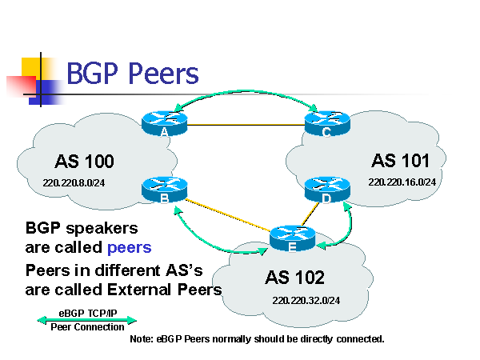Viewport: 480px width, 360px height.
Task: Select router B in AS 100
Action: point(164,189)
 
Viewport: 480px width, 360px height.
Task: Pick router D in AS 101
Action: point(327,189)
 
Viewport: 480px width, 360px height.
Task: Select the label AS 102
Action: point(295,278)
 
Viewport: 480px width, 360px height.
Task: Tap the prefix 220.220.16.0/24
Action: point(402,182)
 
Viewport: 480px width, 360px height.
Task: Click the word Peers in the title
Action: point(161,74)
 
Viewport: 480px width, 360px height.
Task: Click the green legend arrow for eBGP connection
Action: point(87,320)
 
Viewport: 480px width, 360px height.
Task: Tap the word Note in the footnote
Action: point(142,339)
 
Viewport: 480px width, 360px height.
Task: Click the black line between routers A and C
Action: point(246,125)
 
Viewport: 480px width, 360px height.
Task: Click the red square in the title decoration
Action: point(19,86)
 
